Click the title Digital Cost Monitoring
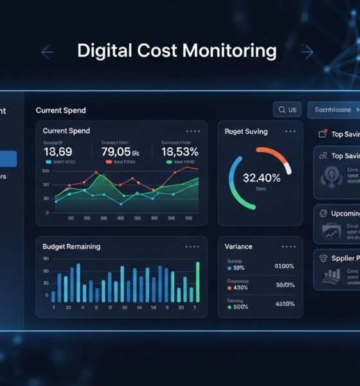(x=177, y=51)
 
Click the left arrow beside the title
(x=47, y=52)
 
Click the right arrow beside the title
(x=307, y=52)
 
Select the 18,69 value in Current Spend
(x=58, y=151)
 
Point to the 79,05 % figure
(x=120, y=151)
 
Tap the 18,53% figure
(x=180, y=151)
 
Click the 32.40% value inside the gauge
(x=261, y=178)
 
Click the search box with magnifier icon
(x=287, y=110)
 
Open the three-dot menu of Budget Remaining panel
(x=192, y=246)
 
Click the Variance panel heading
(x=239, y=246)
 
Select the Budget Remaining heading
(x=71, y=246)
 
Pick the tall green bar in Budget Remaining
(x=197, y=281)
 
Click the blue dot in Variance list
(x=230, y=268)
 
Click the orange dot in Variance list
(x=230, y=287)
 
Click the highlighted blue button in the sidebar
(x=8, y=159)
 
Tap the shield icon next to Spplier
(x=324, y=259)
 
